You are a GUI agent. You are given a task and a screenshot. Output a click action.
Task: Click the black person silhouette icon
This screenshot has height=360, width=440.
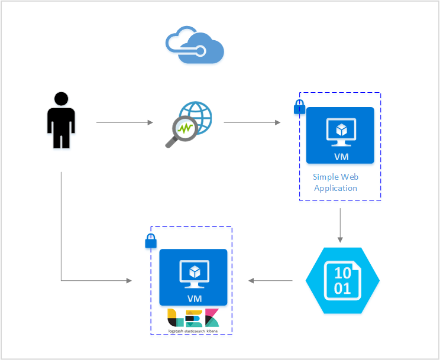(x=61, y=120)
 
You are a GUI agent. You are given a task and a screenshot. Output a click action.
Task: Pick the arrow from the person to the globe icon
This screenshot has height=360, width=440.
(x=124, y=123)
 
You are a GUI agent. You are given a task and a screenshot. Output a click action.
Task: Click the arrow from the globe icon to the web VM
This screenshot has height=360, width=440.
(x=252, y=123)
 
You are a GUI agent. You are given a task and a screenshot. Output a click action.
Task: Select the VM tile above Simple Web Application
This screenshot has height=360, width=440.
(x=340, y=135)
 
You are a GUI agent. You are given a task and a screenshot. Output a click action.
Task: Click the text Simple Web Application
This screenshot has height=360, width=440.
(x=335, y=183)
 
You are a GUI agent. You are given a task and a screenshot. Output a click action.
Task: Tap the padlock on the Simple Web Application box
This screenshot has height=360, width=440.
(x=300, y=107)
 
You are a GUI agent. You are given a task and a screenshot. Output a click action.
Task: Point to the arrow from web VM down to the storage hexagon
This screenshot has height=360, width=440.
(x=340, y=225)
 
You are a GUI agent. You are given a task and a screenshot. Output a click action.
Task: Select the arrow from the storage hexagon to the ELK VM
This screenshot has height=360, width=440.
(x=270, y=280)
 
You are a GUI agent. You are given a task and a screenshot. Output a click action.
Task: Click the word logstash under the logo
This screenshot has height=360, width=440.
(x=176, y=331)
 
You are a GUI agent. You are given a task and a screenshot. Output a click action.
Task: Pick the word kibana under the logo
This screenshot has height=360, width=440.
(x=212, y=331)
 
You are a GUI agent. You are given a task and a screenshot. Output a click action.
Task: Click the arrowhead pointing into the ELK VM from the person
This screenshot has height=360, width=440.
(x=129, y=280)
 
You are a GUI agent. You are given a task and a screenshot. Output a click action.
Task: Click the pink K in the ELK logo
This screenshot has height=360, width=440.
(x=212, y=318)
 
